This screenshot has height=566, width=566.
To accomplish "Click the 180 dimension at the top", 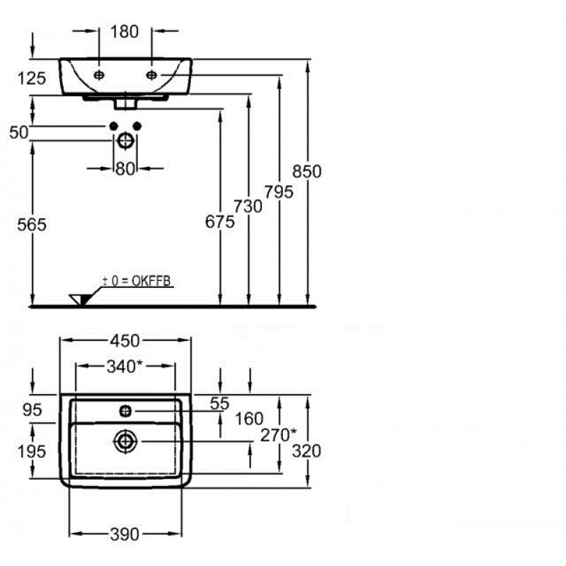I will (125, 31).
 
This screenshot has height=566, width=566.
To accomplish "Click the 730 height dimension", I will (248, 206).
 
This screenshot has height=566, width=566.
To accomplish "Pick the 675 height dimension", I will (219, 222).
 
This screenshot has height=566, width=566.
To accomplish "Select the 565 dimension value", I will (31, 225).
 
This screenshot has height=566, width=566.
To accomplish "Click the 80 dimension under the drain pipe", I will (125, 169).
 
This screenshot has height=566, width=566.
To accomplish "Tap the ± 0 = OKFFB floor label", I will (137, 282).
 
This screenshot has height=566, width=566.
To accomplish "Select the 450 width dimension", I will (125, 340).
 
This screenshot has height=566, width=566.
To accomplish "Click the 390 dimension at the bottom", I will (125, 533).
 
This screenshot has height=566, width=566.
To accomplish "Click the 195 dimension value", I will (31, 451).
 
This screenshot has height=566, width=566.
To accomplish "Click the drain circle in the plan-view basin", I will (125, 441).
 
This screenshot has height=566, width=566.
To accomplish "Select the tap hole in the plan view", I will (125, 410).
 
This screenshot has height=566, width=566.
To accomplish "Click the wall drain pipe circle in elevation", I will (125, 140).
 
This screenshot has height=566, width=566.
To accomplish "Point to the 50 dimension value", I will (21, 132).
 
